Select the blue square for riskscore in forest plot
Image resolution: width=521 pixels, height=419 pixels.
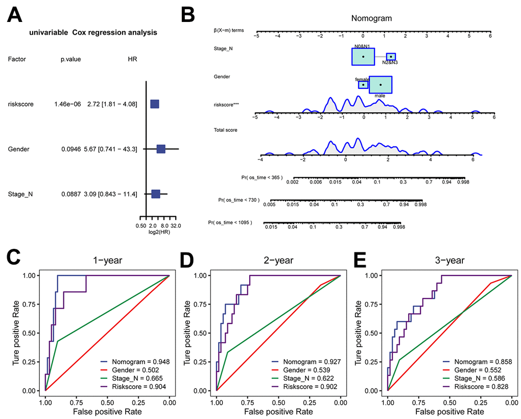pyautogui.click(x=154, y=104)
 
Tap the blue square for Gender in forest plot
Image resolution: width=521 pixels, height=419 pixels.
pyautogui.click(x=161, y=149)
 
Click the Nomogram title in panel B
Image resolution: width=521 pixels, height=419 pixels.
pyautogui.click(x=371, y=18)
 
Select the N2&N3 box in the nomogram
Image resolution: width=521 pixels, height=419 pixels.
pyautogui.click(x=391, y=57)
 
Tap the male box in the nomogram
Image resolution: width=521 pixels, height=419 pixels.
pyautogui.click(x=381, y=85)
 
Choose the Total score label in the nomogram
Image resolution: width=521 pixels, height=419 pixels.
pyautogui.click(x=226, y=130)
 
